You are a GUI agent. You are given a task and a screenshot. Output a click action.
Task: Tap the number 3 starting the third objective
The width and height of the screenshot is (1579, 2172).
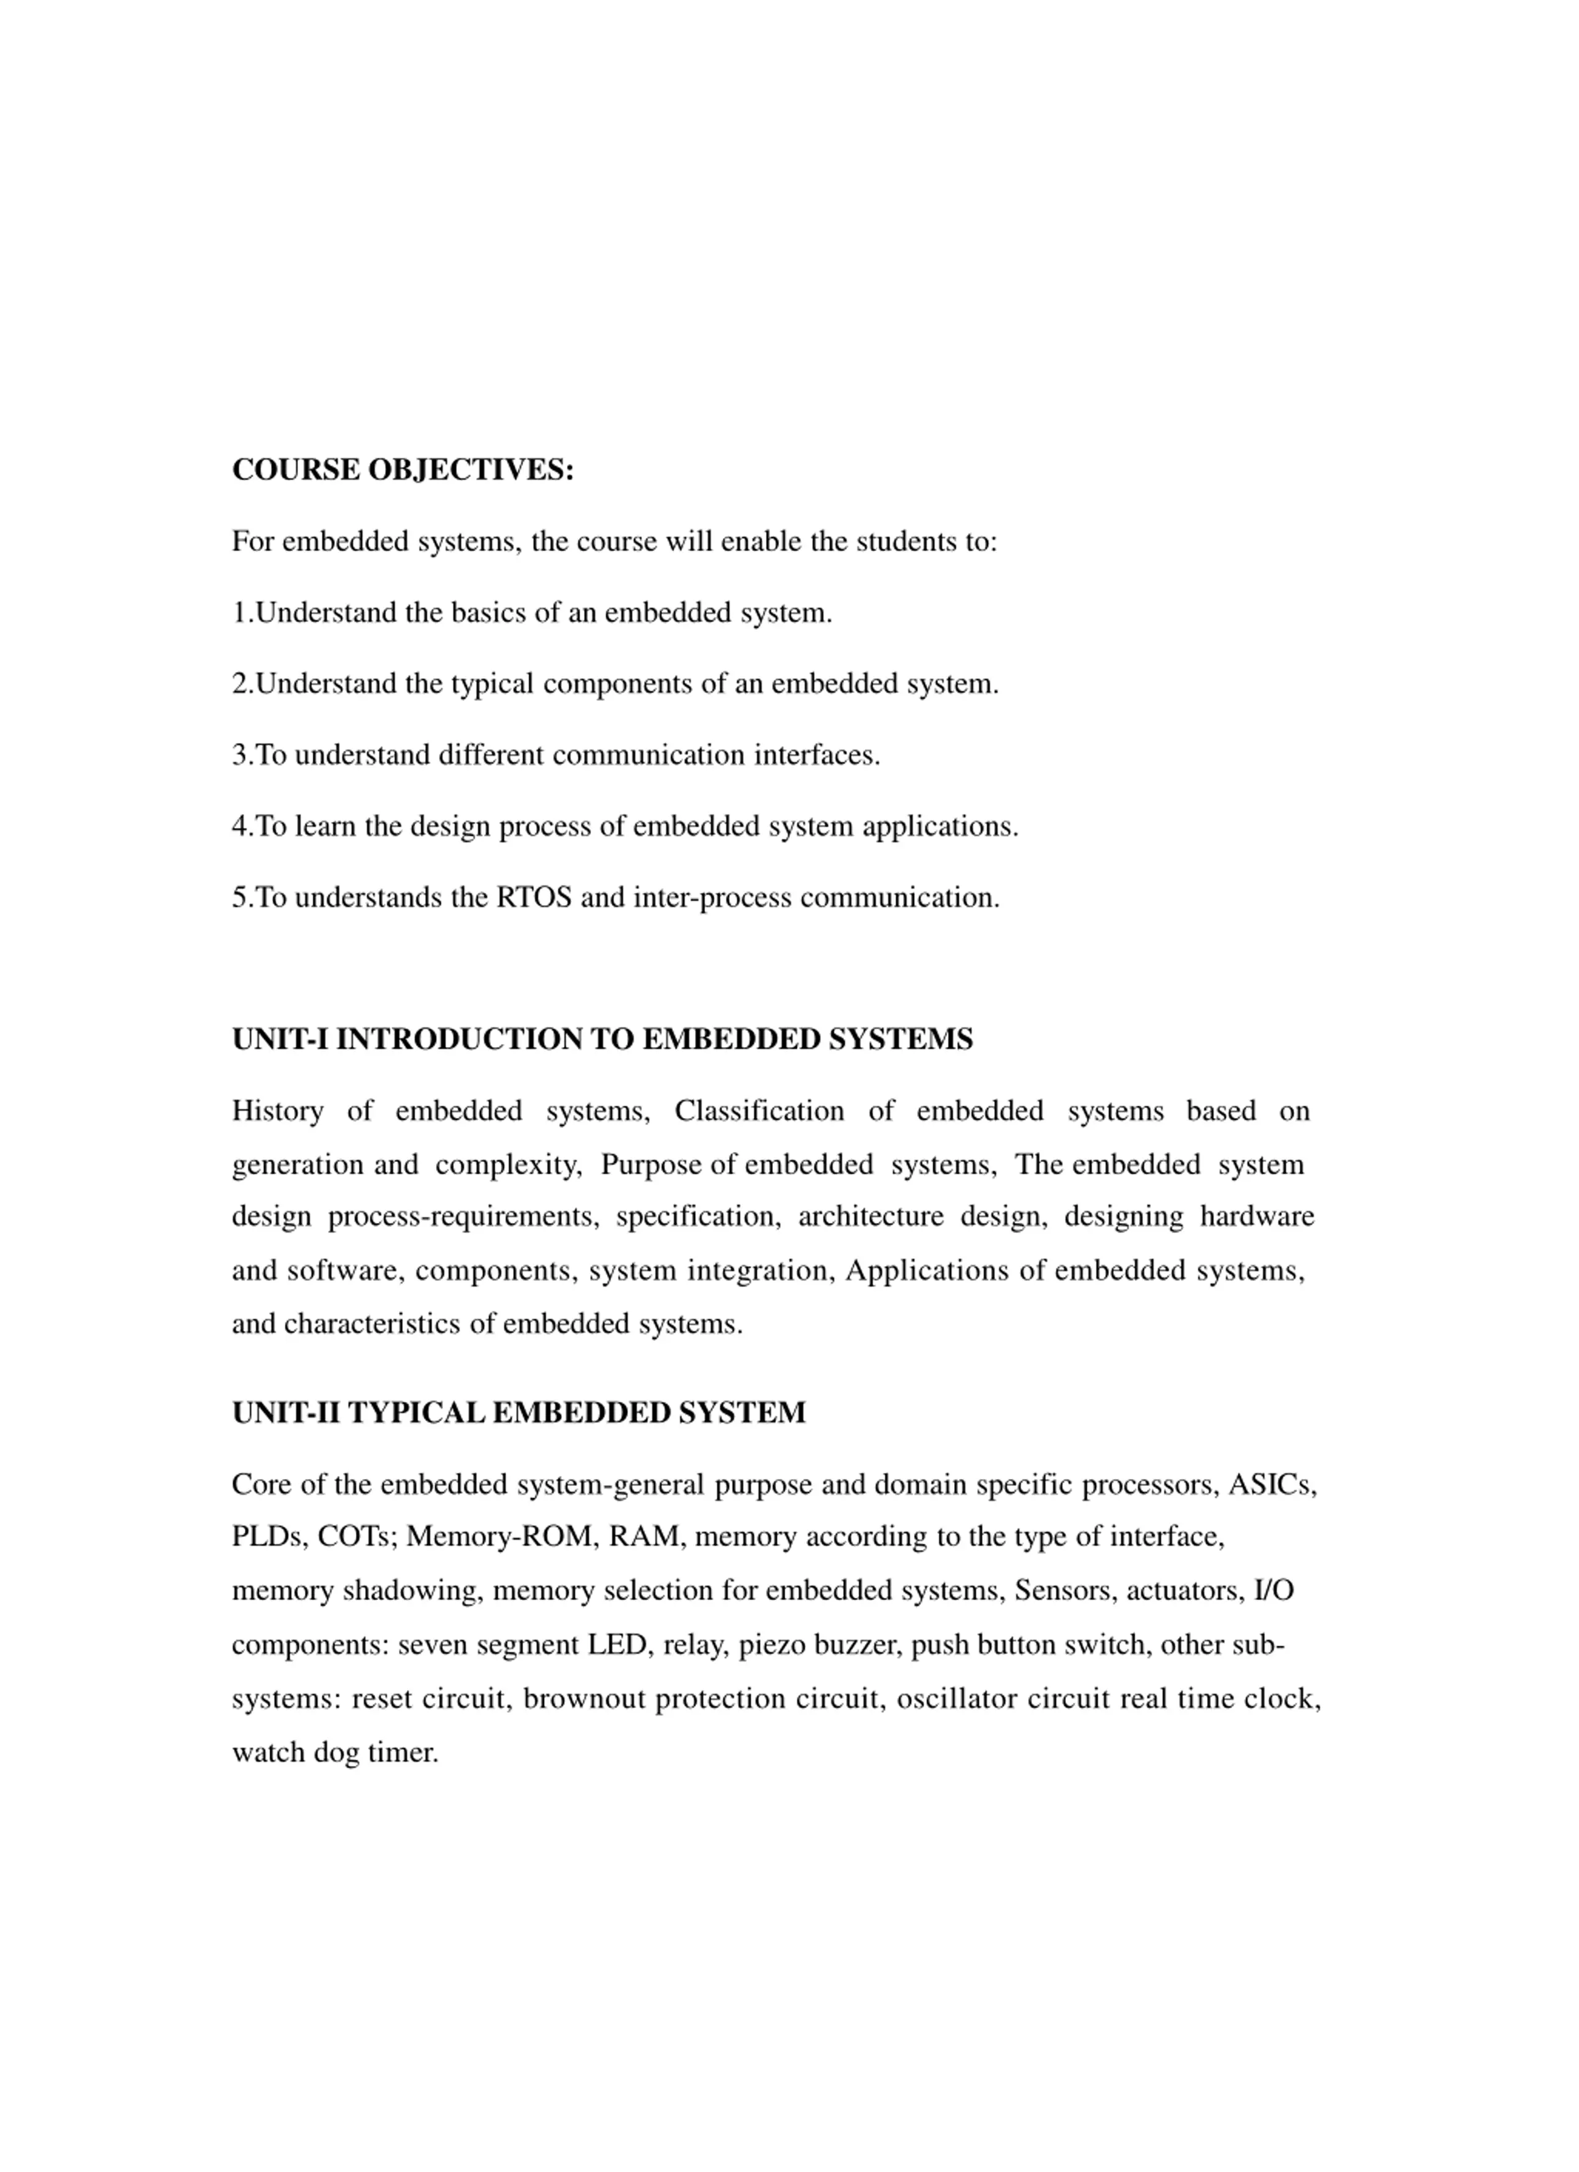click(239, 756)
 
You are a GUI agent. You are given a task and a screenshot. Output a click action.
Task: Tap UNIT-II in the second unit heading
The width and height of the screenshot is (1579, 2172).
click(286, 1412)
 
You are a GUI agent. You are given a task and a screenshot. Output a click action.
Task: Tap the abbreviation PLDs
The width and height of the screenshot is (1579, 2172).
click(269, 1537)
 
